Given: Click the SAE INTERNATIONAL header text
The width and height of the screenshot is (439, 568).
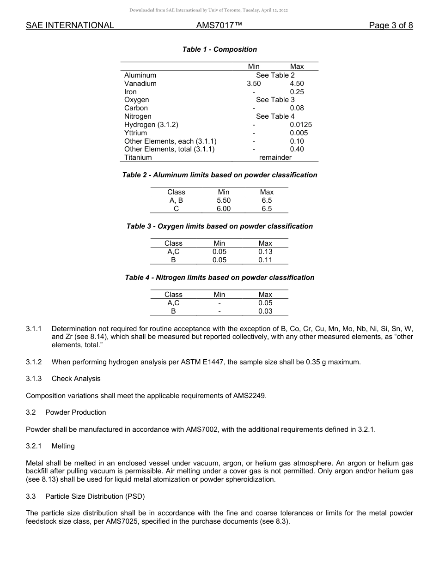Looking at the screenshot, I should (70, 25).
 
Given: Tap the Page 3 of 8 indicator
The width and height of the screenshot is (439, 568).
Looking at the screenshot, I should (390, 25).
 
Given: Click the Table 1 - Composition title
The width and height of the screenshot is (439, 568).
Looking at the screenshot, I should (219, 49).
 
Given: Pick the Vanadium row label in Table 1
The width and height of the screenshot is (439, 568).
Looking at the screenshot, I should (140, 84).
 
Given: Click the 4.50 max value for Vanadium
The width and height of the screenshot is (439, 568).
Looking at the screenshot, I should (297, 84).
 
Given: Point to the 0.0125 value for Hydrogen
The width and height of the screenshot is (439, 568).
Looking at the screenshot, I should (300, 125).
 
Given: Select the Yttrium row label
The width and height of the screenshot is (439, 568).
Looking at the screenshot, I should (135, 133).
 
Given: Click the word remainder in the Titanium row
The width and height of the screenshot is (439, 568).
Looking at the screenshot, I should (275, 157).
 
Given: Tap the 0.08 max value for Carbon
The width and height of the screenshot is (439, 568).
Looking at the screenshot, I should (297, 108).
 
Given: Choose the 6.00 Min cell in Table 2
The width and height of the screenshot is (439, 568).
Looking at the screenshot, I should (223, 209).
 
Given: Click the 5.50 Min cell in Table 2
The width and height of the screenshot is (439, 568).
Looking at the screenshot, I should (223, 200).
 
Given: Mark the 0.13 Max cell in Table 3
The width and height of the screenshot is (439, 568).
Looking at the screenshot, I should (265, 252).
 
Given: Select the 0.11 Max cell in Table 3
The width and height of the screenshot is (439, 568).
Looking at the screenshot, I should (265, 260).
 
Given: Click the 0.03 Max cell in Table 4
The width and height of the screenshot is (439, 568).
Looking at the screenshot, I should (265, 311).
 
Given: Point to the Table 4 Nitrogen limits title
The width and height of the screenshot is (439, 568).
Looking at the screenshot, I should (219, 278).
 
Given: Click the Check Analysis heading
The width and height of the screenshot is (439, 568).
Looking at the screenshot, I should (76, 379).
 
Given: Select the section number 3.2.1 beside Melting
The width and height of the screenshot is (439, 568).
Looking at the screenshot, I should (34, 446).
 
